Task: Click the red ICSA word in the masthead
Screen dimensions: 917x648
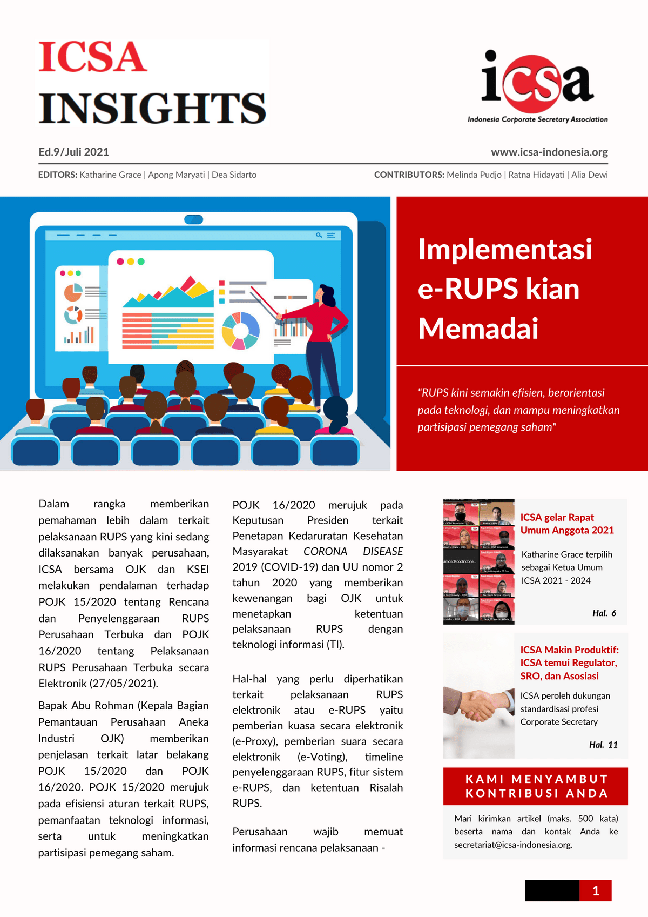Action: click(92, 57)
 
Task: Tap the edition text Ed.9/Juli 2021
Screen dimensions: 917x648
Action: click(73, 152)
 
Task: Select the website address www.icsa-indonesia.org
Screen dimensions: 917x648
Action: click(549, 152)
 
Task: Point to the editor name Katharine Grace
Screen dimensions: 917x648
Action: click(110, 175)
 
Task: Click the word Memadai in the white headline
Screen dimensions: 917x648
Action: click(478, 329)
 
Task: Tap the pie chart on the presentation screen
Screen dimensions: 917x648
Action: click(241, 331)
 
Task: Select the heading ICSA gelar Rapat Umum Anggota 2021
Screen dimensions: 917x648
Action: click(567, 524)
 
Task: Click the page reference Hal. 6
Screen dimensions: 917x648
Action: click(604, 613)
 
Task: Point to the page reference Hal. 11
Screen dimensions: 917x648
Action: click(603, 745)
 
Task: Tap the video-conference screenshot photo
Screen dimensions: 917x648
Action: click(478, 561)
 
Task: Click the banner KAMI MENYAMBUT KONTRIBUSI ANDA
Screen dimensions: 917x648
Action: click(536, 786)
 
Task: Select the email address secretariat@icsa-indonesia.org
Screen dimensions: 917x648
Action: click(513, 845)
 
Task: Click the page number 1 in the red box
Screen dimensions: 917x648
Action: click(595, 891)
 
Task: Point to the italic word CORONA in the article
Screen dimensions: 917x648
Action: click(325, 551)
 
